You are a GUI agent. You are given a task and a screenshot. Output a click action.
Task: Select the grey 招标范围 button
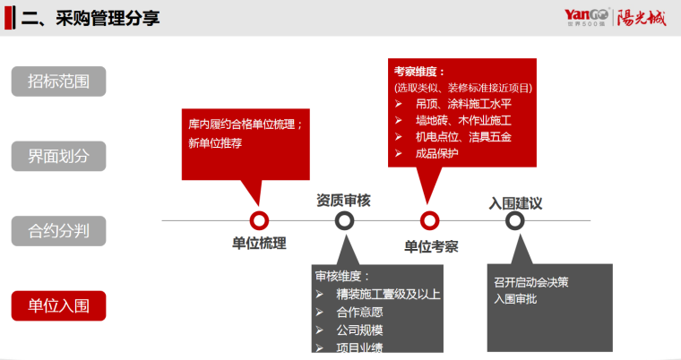[58, 81]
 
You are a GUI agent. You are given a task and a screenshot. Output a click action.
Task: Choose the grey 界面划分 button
[58, 157]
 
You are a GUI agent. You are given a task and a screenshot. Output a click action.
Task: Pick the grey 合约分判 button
[58, 232]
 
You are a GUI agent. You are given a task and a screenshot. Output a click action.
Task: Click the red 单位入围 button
[58, 306]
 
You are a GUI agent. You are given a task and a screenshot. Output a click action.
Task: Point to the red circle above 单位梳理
[259, 220]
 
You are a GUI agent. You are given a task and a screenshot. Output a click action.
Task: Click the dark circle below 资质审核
[344, 220]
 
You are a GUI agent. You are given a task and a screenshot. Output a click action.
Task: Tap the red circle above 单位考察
[430, 220]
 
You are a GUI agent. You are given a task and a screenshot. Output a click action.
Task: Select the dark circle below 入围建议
[514, 220]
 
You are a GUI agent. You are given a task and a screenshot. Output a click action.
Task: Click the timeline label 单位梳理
[259, 244]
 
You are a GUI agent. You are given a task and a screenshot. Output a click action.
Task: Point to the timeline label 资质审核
[343, 201]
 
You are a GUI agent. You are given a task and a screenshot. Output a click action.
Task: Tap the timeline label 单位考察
[431, 246]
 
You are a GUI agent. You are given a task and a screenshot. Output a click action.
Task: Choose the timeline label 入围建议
[515, 202]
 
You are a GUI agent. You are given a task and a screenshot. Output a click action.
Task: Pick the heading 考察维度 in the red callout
[418, 72]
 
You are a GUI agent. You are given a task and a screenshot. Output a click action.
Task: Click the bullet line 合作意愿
[359, 312]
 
